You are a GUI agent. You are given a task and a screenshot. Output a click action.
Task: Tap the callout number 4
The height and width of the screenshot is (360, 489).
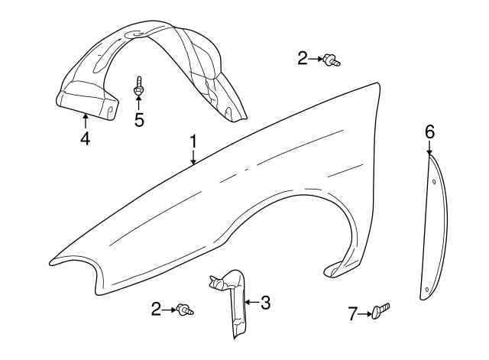click(x=85, y=139)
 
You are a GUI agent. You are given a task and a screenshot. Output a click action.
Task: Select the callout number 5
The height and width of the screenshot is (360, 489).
click(x=139, y=120)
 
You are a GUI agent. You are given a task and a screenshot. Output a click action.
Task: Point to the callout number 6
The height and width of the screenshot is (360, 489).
click(x=429, y=132)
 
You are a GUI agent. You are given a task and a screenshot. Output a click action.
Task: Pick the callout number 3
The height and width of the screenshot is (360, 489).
click(x=265, y=303)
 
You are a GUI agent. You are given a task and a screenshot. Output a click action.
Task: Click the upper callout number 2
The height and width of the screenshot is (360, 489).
click(x=303, y=57)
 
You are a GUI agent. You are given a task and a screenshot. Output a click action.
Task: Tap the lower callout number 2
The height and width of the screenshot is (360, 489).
click(x=156, y=309)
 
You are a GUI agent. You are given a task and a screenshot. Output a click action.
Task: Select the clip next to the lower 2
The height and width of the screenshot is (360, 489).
click(x=185, y=310)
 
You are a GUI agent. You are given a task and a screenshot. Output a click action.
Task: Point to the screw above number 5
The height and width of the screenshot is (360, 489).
click(x=139, y=86)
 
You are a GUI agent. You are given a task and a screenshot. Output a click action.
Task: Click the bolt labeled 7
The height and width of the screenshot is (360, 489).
click(x=381, y=311)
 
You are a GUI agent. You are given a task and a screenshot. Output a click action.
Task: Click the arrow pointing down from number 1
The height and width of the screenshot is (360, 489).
click(x=193, y=157)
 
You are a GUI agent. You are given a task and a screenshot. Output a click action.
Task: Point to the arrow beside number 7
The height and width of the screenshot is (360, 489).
click(x=365, y=312)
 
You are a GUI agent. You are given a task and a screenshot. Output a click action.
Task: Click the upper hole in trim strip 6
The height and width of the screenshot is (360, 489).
click(x=435, y=182)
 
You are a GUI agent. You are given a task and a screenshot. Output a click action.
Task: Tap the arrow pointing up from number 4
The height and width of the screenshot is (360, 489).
click(x=85, y=121)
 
